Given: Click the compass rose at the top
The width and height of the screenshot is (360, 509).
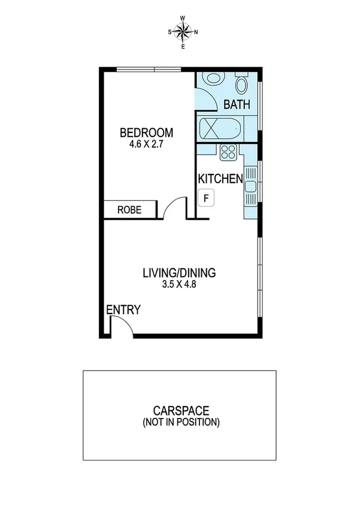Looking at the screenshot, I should coord(183,32).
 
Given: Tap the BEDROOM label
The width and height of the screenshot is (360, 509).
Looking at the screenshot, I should coord(146,132).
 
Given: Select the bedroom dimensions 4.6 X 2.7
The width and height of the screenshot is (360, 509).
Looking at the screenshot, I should coord(146,144).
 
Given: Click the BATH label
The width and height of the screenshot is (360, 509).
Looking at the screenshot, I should coord(237,105).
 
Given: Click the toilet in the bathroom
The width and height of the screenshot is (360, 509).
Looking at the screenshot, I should coord(242,82).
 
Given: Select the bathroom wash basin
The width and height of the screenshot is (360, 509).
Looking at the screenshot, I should coord(212,80).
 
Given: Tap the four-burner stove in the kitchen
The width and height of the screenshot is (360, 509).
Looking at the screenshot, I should coord(228,153).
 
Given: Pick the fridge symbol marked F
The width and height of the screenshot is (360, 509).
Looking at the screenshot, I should coord(207,197).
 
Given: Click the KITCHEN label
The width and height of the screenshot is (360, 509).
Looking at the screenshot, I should coord(220,179).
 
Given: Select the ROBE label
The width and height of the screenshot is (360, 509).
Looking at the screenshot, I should coord(129,210).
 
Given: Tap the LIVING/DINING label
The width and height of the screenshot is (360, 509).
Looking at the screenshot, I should coord(179,273).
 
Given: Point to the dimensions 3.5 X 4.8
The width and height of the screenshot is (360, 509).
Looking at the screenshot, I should coord(179,285).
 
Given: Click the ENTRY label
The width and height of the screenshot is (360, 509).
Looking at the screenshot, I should coord(123,310).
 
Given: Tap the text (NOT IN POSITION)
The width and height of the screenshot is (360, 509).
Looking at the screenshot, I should coord(180,422).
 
